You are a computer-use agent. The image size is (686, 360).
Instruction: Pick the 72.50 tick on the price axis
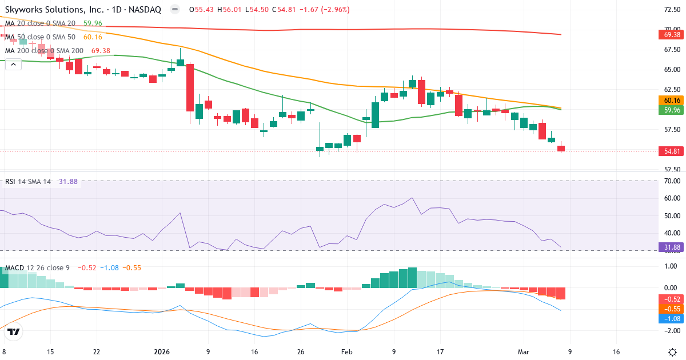click(x=672, y=10)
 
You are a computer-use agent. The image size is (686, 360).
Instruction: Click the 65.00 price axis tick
click(x=672, y=70)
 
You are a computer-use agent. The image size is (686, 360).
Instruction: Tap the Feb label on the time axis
click(x=347, y=352)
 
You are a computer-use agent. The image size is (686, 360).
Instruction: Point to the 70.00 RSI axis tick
click(x=672, y=181)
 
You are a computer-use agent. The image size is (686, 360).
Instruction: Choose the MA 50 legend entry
click(x=40, y=37)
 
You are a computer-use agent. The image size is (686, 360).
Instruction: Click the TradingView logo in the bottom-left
click(x=14, y=331)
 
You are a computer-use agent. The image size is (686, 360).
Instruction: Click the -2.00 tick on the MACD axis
click(x=672, y=331)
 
